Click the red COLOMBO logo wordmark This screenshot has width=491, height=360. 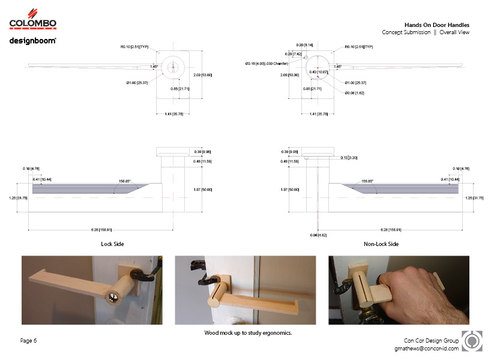[x=33, y=23]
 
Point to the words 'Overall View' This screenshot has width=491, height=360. [x=454, y=32]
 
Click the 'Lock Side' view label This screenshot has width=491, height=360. [x=112, y=244]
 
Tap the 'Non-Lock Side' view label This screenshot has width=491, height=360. [x=381, y=244]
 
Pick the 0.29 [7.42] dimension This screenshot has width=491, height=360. [x=302, y=54]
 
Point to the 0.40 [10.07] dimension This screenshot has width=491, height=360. [x=318, y=72]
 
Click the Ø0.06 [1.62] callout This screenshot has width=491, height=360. [x=355, y=92]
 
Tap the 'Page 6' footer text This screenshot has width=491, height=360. [x=29, y=341]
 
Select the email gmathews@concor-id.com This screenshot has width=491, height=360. [x=426, y=348]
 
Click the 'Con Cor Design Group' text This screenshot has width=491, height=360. [x=430, y=340]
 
